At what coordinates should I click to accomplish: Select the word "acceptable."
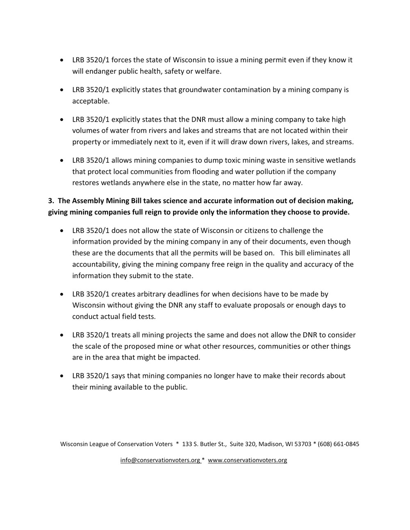pos(91,101)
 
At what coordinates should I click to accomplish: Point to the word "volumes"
pos(85,131)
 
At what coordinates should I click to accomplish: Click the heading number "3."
pos(51,201)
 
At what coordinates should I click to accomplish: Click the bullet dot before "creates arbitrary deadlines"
pos(61,294)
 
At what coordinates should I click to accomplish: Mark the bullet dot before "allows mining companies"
pos(61,160)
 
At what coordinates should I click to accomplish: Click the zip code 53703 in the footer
pos(303,444)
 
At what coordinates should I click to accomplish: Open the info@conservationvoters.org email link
pos(160,460)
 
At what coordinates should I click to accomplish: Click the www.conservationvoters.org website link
pos(247,460)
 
